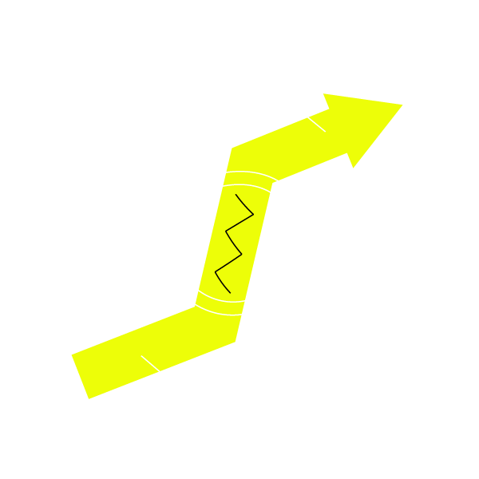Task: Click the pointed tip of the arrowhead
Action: coord(402,105)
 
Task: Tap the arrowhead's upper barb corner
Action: coord(323,94)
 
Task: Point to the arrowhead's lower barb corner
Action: coord(353,168)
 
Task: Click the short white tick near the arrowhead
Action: coord(316,125)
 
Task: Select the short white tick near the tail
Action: coord(150,364)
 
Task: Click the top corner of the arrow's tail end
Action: coord(72,354)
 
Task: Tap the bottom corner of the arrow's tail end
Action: coord(89,398)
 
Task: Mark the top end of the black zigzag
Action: coord(236,194)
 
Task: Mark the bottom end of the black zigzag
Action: coord(230,292)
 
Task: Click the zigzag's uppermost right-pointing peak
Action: coord(253,214)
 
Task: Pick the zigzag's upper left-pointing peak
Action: coord(227,232)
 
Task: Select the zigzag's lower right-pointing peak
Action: coord(241,255)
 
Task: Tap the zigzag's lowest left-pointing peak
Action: coord(216,272)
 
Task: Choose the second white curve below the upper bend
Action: coord(247,186)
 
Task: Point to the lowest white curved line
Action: coord(217,311)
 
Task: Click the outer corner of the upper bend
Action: coord(232,148)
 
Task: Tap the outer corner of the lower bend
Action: coord(236,342)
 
